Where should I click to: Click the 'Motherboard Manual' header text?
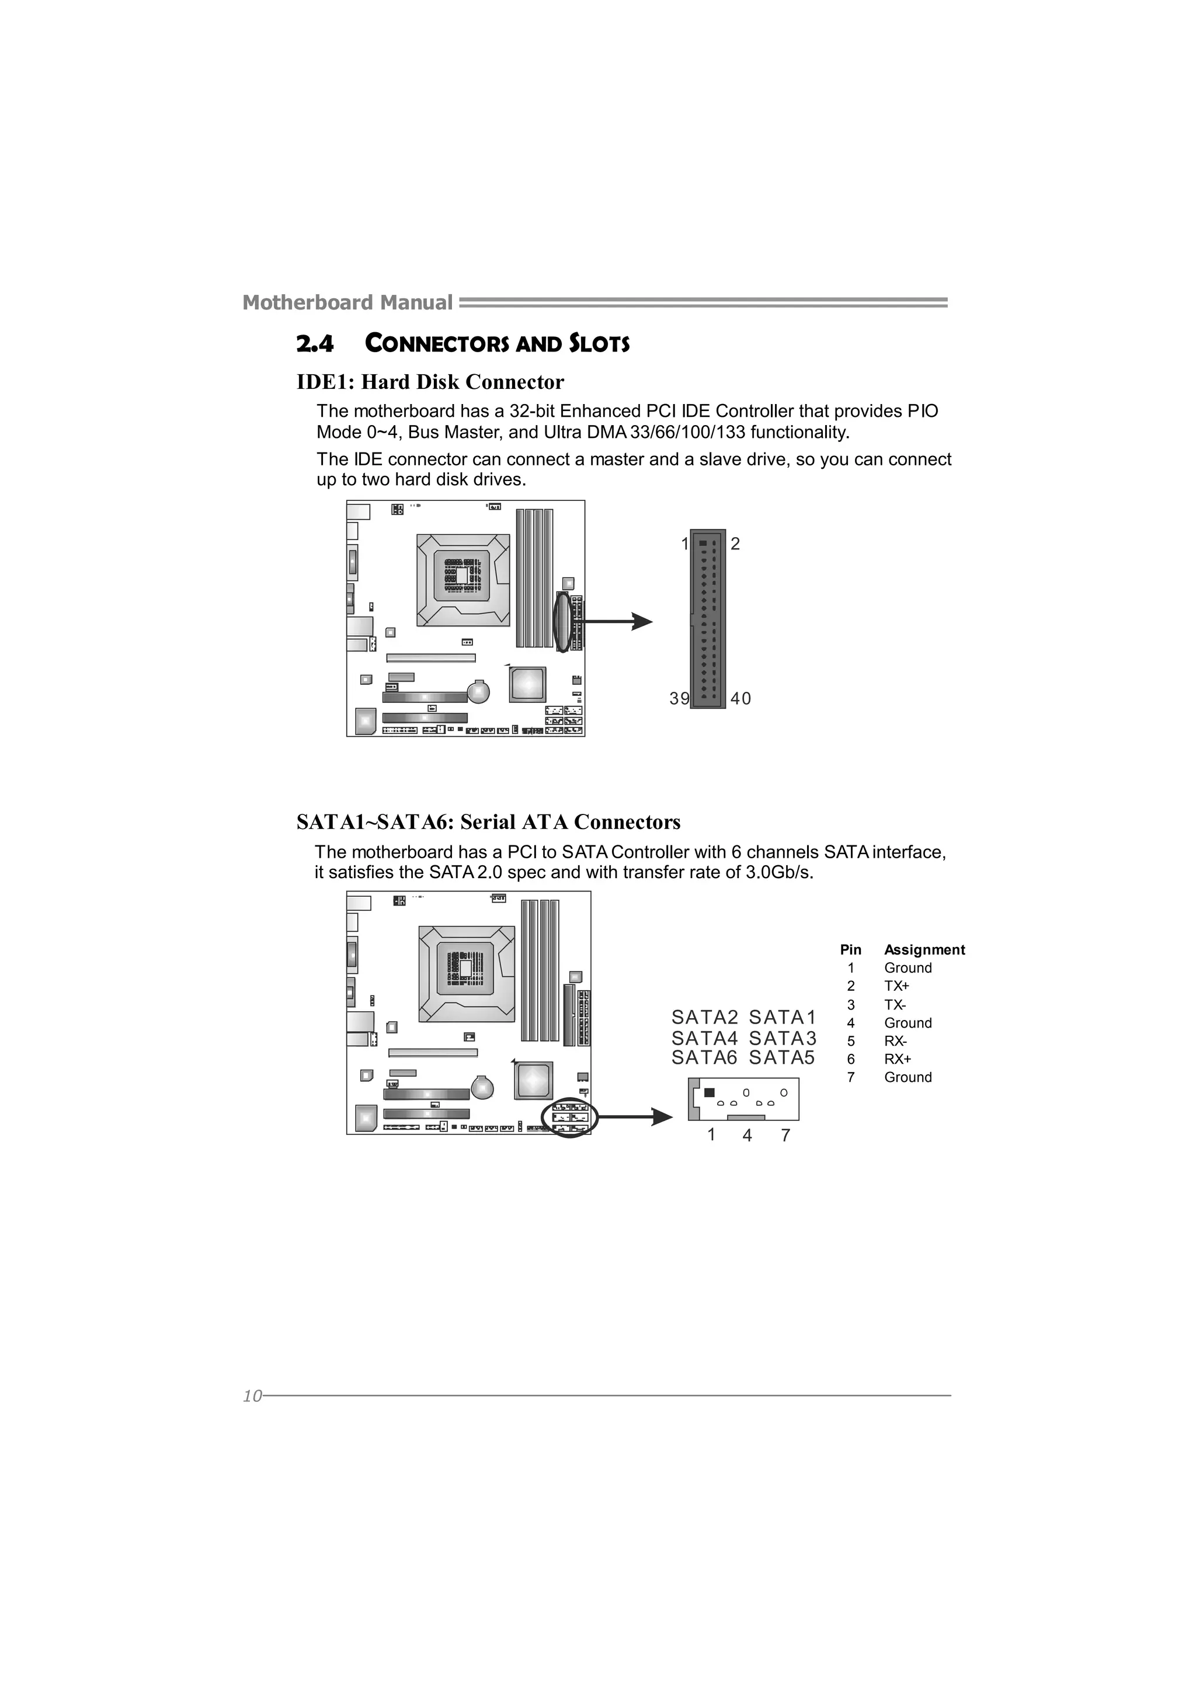(x=347, y=303)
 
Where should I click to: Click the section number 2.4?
(x=315, y=344)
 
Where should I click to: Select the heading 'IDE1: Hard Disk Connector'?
(x=430, y=382)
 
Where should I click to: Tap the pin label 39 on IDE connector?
(x=679, y=699)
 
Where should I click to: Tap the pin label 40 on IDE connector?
(x=740, y=699)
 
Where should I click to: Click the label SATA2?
(x=704, y=1018)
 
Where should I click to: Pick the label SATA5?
(x=782, y=1059)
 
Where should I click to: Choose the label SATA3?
(x=783, y=1038)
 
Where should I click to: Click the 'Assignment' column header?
(x=924, y=950)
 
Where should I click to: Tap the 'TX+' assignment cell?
(x=897, y=986)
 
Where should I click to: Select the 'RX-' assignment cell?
(x=895, y=1041)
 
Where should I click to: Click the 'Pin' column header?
(x=850, y=950)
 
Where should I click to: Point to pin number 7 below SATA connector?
(x=785, y=1136)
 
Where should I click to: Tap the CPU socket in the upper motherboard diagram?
(x=463, y=580)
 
